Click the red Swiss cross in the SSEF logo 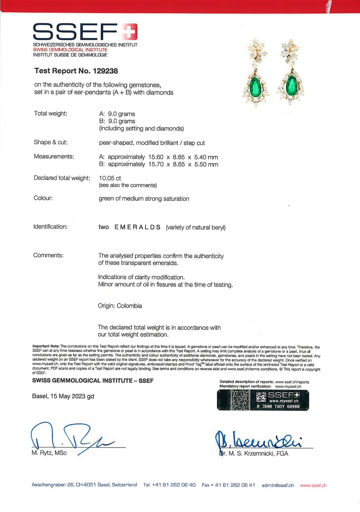point(130,32)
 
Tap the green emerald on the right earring point(291,85)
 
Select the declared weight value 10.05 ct point(110,178)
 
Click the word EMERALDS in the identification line point(137,227)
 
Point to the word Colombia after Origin point(129,306)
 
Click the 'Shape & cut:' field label point(50,142)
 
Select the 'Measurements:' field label point(54,157)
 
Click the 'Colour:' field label point(43,198)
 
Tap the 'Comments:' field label point(48,255)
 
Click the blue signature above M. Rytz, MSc point(70,437)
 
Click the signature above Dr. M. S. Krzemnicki point(258,440)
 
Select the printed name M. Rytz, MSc point(49,453)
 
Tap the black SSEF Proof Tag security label point(263,400)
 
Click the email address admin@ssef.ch point(278,485)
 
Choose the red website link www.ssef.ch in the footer point(313,485)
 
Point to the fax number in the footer point(228,485)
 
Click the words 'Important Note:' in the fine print point(46,347)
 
